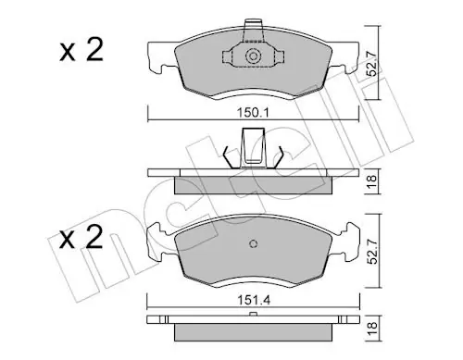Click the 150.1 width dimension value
253,113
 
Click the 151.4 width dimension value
254,300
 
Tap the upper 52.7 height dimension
372,64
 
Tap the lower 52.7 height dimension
372,251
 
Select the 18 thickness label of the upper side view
372,181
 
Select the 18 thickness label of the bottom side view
372,328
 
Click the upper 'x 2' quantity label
81,50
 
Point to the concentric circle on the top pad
253,56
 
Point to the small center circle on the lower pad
253,243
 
